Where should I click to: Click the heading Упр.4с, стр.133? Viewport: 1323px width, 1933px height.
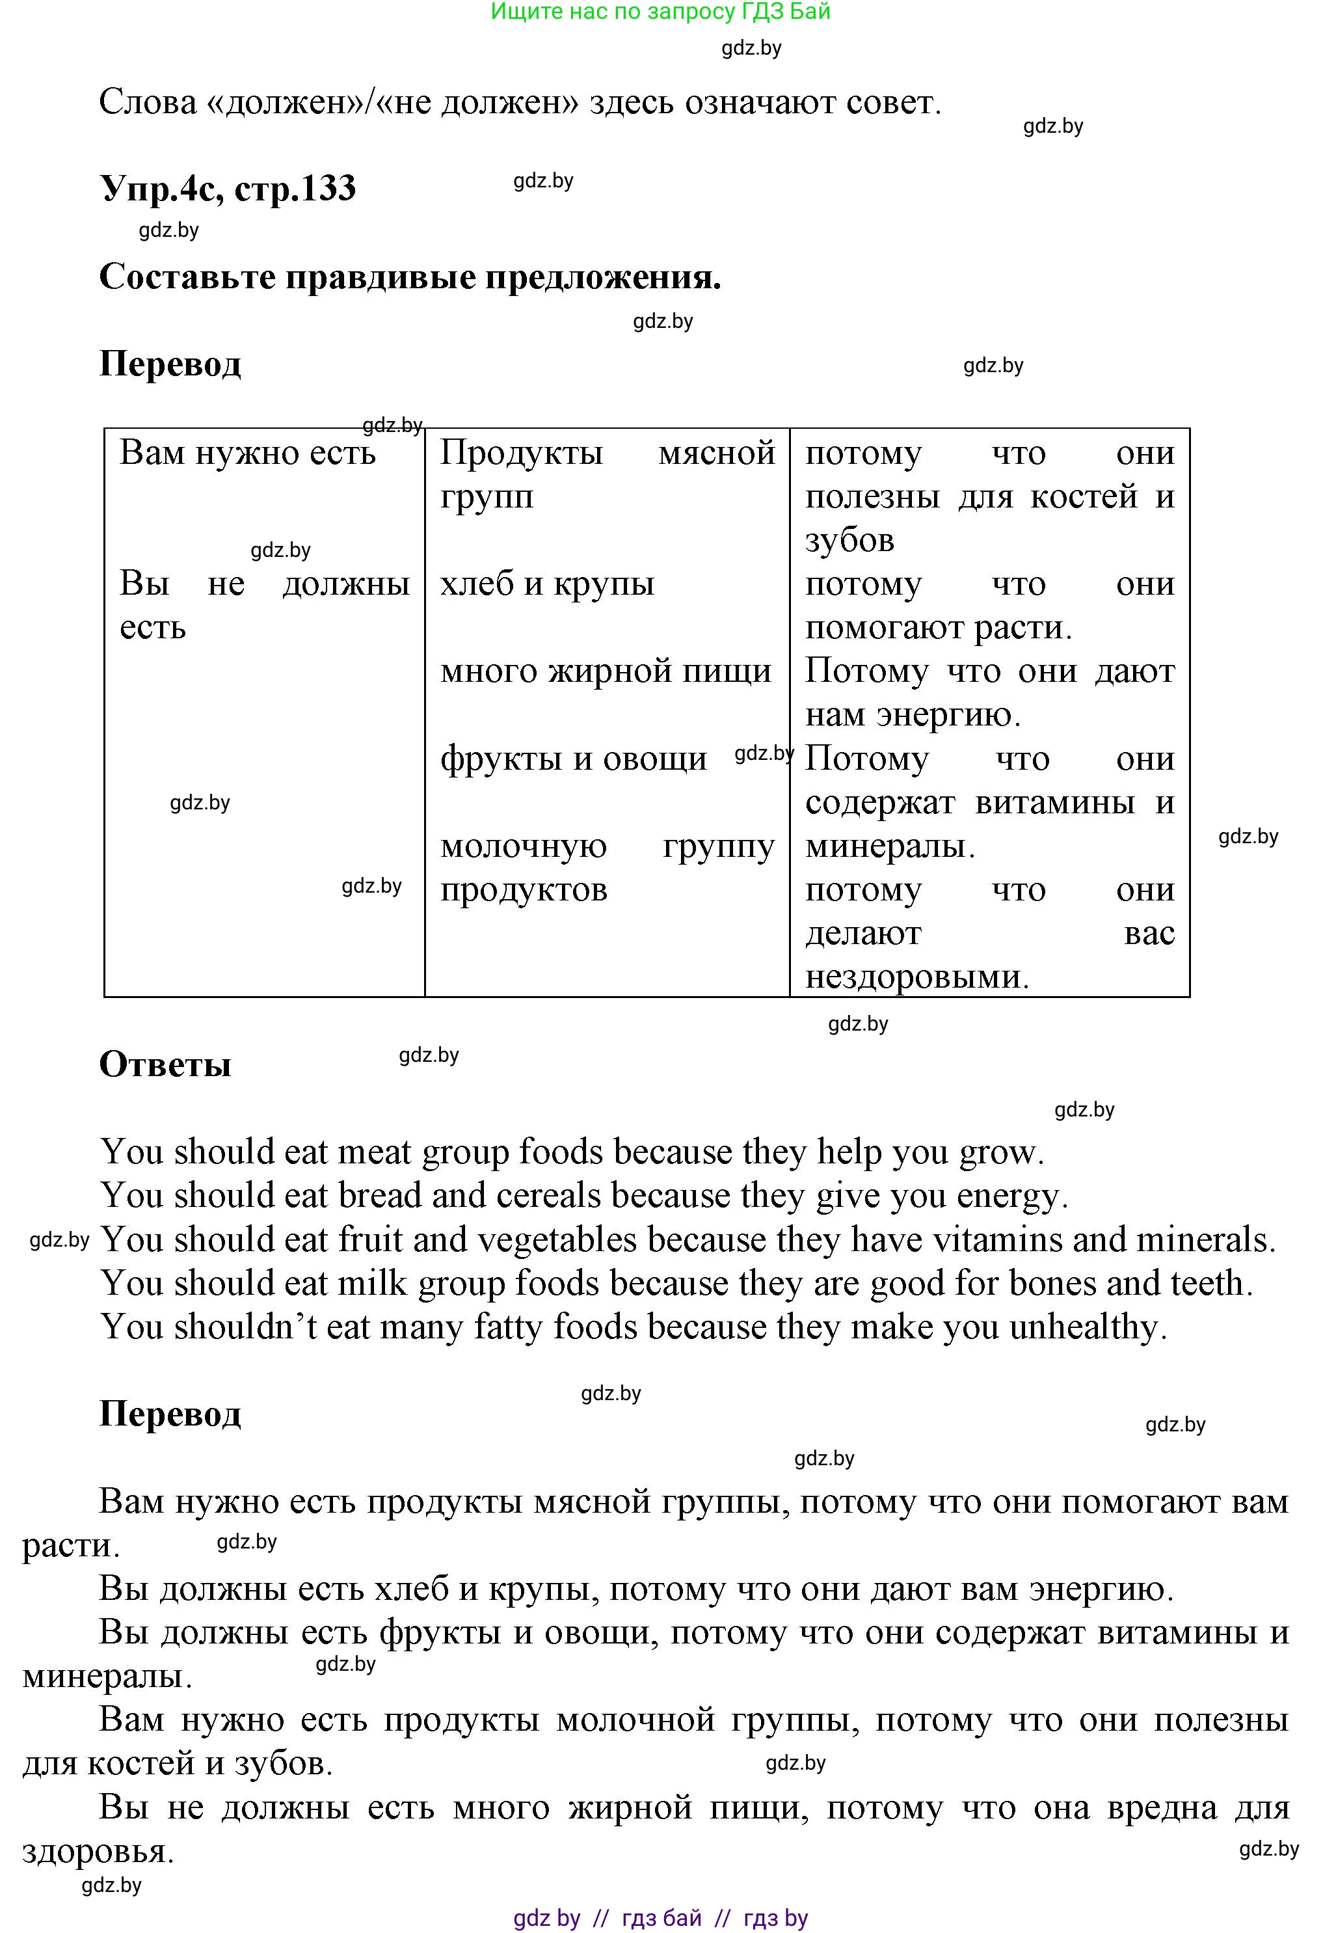click(x=228, y=188)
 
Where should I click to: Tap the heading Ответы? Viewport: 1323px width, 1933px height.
click(x=165, y=1064)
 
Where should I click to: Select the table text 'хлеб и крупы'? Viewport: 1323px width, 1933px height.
click(x=547, y=584)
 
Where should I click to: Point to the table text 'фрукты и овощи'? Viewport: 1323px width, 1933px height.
click(x=574, y=759)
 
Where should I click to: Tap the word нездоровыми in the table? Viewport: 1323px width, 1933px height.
click(x=916, y=977)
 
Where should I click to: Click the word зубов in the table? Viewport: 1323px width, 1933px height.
click(x=849, y=541)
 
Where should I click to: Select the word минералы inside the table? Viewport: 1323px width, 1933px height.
click(x=889, y=846)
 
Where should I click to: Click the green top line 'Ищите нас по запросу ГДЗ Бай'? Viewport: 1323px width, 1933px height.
click(x=660, y=12)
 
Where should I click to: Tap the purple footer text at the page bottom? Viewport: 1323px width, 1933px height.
click(x=660, y=1918)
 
